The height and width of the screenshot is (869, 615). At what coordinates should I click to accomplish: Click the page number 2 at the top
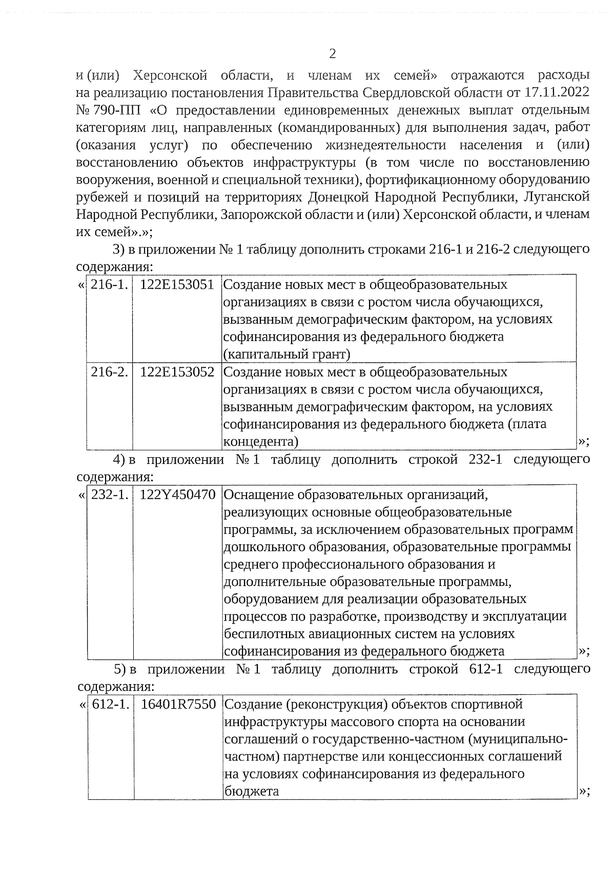(x=332, y=54)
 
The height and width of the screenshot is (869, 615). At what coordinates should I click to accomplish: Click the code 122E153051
(x=177, y=285)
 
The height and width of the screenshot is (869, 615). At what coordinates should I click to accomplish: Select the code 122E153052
(x=177, y=372)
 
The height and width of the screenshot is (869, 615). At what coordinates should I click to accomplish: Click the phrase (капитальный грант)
(x=287, y=354)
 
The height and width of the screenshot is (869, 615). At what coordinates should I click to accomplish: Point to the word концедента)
(x=261, y=442)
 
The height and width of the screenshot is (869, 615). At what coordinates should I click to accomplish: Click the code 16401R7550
(x=178, y=705)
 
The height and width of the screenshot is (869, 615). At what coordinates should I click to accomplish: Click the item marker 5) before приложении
(x=120, y=669)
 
